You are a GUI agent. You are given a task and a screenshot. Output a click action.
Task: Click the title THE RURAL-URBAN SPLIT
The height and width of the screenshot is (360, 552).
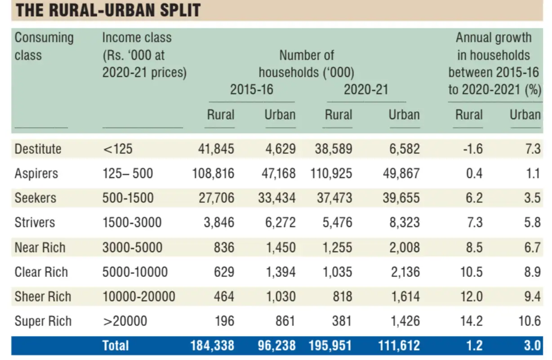pyautogui.click(x=108, y=10)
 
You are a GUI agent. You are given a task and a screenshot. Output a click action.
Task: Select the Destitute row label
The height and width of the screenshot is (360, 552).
pyautogui.click(x=38, y=149)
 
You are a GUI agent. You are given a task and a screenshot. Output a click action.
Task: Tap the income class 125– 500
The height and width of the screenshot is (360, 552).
pyautogui.click(x=127, y=173)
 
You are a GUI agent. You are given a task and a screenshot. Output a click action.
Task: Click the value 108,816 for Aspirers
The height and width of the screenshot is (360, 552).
pyautogui.click(x=214, y=173)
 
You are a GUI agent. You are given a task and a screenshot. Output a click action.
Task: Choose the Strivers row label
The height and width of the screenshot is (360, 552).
pyautogui.click(x=35, y=222)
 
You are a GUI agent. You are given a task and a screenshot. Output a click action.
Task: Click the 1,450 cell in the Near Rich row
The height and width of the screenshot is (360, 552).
pyautogui.click(x=280, y=247)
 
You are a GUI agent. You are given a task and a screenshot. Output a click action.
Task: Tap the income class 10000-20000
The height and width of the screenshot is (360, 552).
pyautogui.click(x=138, y=297)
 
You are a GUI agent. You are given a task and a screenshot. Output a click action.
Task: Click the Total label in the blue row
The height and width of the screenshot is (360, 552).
pyautogui.click(x=116, y=345)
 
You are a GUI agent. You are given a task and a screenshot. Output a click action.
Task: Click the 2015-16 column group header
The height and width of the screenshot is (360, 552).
pyautogui.click(x=251, y=89)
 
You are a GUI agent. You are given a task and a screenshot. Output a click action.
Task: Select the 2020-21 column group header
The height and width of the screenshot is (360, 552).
pyautogui.click(x=365, y=89)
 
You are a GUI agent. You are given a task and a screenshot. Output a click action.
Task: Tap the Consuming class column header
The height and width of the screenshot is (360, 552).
pyautogui.click(x=44, y=46)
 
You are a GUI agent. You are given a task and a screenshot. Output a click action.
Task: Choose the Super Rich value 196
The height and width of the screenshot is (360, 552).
pyautogui.click(x=224, y=321)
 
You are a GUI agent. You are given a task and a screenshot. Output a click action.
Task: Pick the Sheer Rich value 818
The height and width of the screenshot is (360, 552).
pyautogui.click(x=340, y=297)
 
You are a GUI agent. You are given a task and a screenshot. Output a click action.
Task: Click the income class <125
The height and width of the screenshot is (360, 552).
pyautogui.click(x=118, y=149)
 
